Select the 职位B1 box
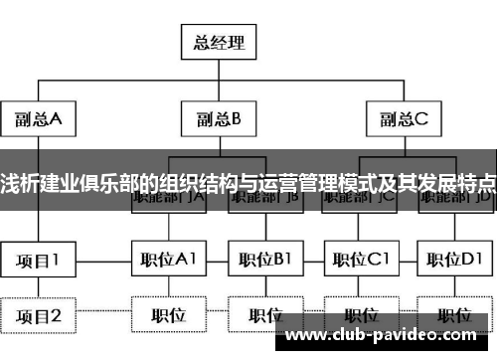coord(264,262)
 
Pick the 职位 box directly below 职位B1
coord(264,316)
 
